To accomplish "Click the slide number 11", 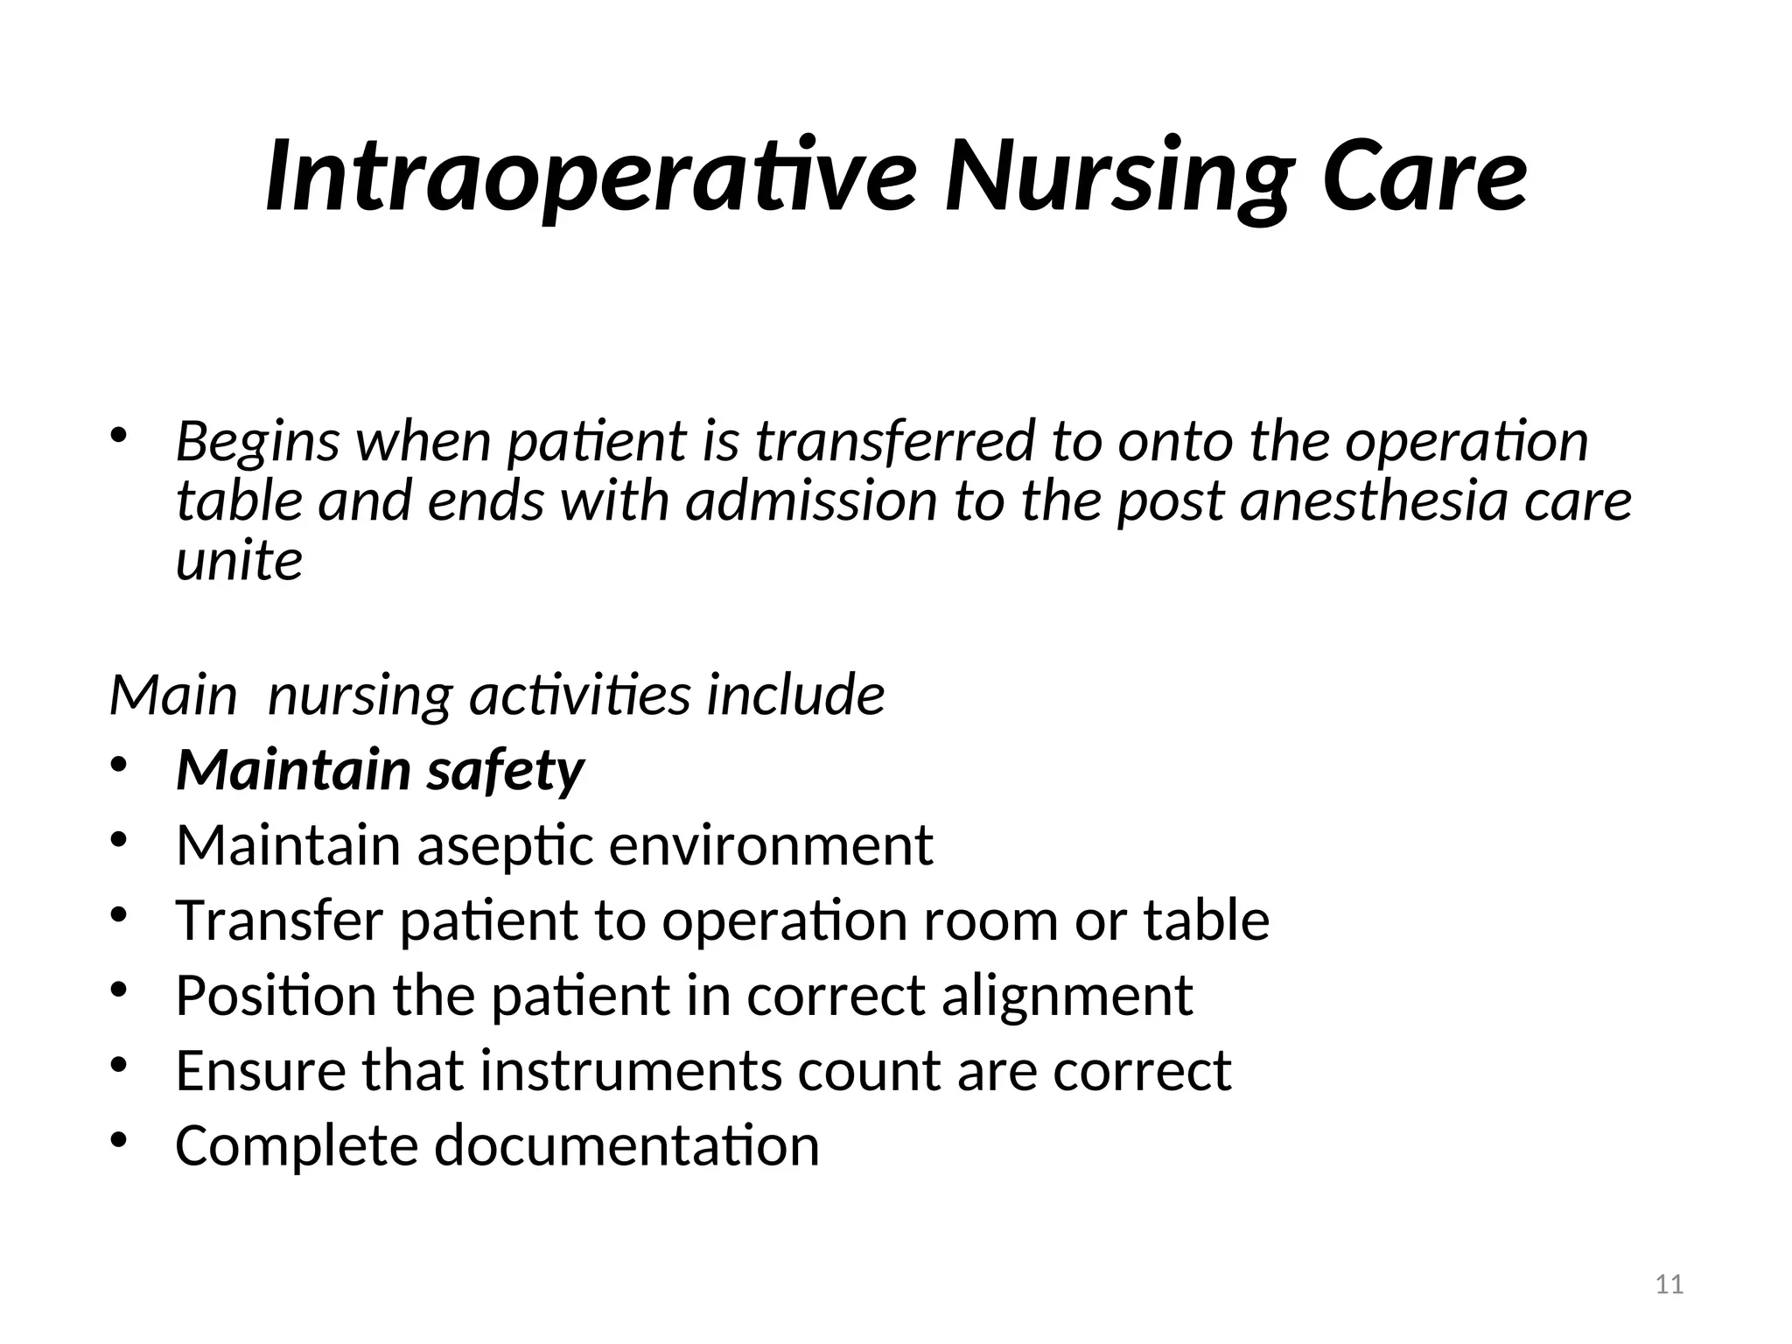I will (x=1669, y=1284).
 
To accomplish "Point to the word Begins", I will (x=257, y=442).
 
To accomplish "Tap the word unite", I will (x=239, y=561).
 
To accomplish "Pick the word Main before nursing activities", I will (x=173, y=696).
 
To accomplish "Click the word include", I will (x=795, y=696).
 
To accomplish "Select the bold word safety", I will (x=505, y=771).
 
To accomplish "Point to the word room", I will (x=990, y=920).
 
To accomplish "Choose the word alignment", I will (x=1067, y=996).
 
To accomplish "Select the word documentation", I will (x=626, y=1145).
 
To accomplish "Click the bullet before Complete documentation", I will (x=120, y=1139).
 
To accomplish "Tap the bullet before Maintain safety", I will (x=120, y=765).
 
